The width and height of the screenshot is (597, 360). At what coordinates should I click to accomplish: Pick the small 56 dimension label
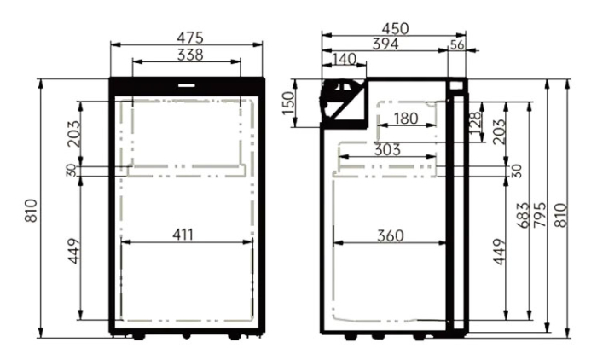coord(457,45)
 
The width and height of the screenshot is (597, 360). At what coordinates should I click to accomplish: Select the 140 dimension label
coord(345,59)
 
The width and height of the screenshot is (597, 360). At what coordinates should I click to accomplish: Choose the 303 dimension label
coord(387,149)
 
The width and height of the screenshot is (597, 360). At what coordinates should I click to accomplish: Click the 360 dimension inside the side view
coord(390,235)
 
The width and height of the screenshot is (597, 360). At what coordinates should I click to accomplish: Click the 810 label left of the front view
coord(32,210)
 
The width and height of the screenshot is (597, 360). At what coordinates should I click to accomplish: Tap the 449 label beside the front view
coord(74,251)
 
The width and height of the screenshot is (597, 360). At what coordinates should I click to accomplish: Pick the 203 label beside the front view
coord(74,133)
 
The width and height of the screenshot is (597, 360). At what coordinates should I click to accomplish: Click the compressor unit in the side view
coord(343,102)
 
